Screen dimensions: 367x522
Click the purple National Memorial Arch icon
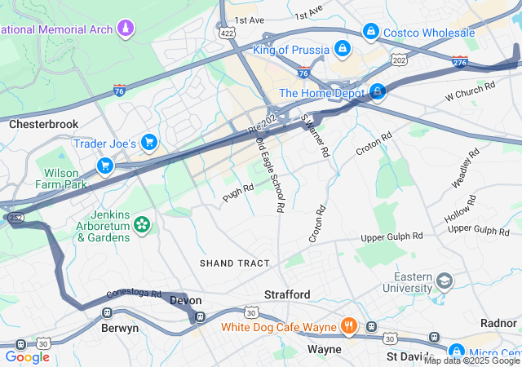point(125,30)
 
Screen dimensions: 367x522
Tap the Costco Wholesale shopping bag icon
point(371,32)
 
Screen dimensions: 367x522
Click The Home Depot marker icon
point(378,92)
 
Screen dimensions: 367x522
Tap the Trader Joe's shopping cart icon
point(148,143)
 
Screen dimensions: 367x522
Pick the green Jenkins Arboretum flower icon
point(143,223)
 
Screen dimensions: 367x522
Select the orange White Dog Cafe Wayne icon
point(349,327)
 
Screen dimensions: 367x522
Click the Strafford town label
point(287,294)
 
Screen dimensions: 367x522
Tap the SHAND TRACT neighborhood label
point(228,263)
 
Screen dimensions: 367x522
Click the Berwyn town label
point(120,328)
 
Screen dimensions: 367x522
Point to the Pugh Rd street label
point(239,192)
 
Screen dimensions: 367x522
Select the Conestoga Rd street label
point(134,294)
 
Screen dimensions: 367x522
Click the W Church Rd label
point(471,91)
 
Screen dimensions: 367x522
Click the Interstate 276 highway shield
point(460,61)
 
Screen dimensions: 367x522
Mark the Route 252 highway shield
point(15,218)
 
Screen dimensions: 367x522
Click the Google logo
point(27,356)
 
